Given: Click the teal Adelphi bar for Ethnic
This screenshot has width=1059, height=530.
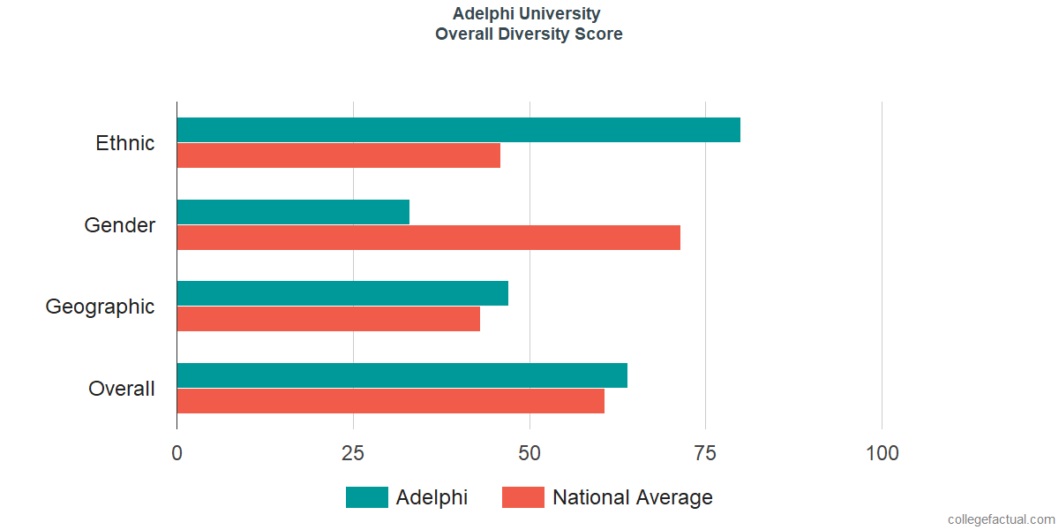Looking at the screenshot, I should click(458, 130).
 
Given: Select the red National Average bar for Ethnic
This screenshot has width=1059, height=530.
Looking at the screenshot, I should click(338, 155).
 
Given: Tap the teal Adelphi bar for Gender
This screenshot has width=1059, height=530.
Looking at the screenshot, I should click(293, 212).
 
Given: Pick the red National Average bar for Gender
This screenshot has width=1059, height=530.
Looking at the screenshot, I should click(428, 238).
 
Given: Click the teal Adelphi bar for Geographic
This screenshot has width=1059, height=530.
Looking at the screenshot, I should click(342, 293).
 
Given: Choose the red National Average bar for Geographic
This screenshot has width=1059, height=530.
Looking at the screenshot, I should click(328, 319).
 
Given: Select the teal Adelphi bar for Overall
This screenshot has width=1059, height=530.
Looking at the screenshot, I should click(402, 375).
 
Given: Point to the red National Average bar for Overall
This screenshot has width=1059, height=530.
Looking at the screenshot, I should click(390, 401).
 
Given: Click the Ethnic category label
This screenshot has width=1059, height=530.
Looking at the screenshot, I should click(125, 143).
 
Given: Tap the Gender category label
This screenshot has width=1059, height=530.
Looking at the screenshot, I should click(120, 225).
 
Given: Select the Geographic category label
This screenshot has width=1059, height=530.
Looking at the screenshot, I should click(100, 307).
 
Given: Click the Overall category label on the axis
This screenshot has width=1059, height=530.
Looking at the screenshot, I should click(122, 389).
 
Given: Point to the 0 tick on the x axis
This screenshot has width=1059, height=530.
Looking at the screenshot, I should click(177, 453).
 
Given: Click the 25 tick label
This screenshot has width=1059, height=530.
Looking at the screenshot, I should click(353, 453).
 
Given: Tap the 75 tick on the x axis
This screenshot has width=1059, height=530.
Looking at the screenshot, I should click(705, 453).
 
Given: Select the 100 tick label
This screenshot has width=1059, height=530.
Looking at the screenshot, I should click(882, 453).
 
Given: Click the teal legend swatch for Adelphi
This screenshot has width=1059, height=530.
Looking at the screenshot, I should click(366, 497).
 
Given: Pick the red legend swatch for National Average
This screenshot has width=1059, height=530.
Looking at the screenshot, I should click(523, 497).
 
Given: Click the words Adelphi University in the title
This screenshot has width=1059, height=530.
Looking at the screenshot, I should click(527, 14).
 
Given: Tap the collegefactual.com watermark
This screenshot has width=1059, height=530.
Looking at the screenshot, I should click(1001, 519).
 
